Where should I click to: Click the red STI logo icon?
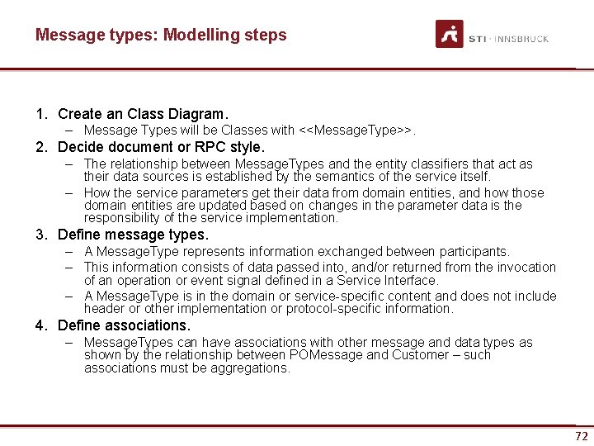click(450, 34)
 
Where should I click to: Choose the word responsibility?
click(125, 218)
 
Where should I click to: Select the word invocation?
click(525, 267)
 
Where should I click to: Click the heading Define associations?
click(124, 325)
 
